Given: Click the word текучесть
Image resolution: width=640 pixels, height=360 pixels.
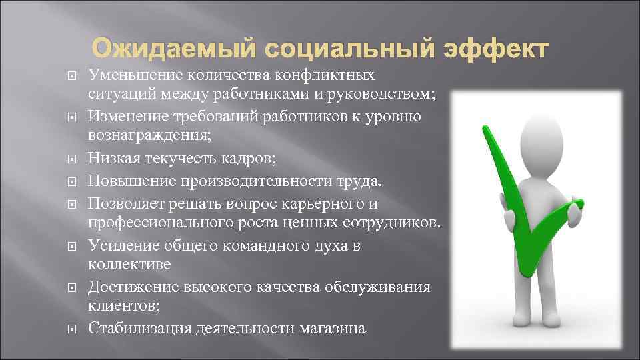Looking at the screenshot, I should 179,159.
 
